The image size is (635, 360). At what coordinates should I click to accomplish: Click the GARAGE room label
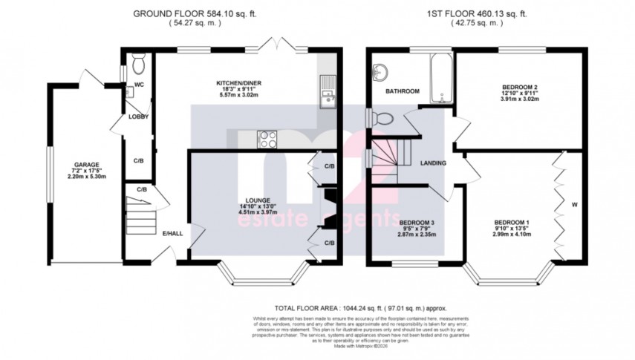[86, 165]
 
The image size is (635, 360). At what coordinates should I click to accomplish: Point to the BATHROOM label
[402, 91]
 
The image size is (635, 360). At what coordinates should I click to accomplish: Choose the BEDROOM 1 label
[512, 222]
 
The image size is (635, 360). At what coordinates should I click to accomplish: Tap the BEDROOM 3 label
[417, 222]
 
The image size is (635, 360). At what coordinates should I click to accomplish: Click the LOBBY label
[138, 117]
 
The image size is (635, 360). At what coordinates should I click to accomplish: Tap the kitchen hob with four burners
[267, 137]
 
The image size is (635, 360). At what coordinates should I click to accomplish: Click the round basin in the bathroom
[380, 71]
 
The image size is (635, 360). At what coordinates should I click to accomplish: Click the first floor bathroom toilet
[382, 117]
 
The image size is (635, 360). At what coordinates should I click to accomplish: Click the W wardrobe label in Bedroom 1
[573, 203]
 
